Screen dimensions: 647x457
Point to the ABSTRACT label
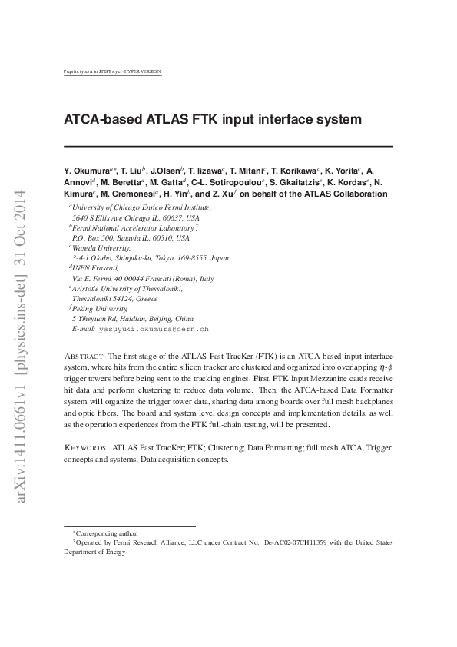coord(84,357)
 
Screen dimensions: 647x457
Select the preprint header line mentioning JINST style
coord(113,71)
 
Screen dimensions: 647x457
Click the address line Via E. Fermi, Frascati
coord(142,278)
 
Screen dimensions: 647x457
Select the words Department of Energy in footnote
coord(94,552)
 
